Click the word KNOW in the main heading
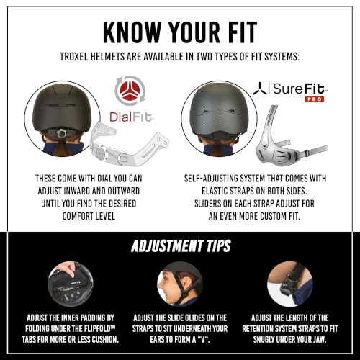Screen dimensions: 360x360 [x=132, y=32]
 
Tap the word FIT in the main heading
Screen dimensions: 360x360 [x=243, y=32]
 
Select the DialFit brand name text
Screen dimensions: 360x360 [x=131, y=117]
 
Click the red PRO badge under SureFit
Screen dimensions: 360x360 [x=315, y=99]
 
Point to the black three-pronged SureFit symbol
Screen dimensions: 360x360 [x=260, y=89]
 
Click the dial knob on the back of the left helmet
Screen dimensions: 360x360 [x=63, y=133]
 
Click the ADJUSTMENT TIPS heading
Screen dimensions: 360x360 [x=181, y=246]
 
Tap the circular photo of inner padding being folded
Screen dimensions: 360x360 [x=71, y=284]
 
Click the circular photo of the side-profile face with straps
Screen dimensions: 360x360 [x=180, y=284]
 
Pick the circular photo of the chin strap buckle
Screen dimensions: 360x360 [x=290, y=284]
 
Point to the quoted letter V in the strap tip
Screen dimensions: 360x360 [x=204, y=339]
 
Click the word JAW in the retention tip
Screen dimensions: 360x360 [x=319, y=339]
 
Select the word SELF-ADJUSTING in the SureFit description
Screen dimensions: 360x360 [x=211, y=179]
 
